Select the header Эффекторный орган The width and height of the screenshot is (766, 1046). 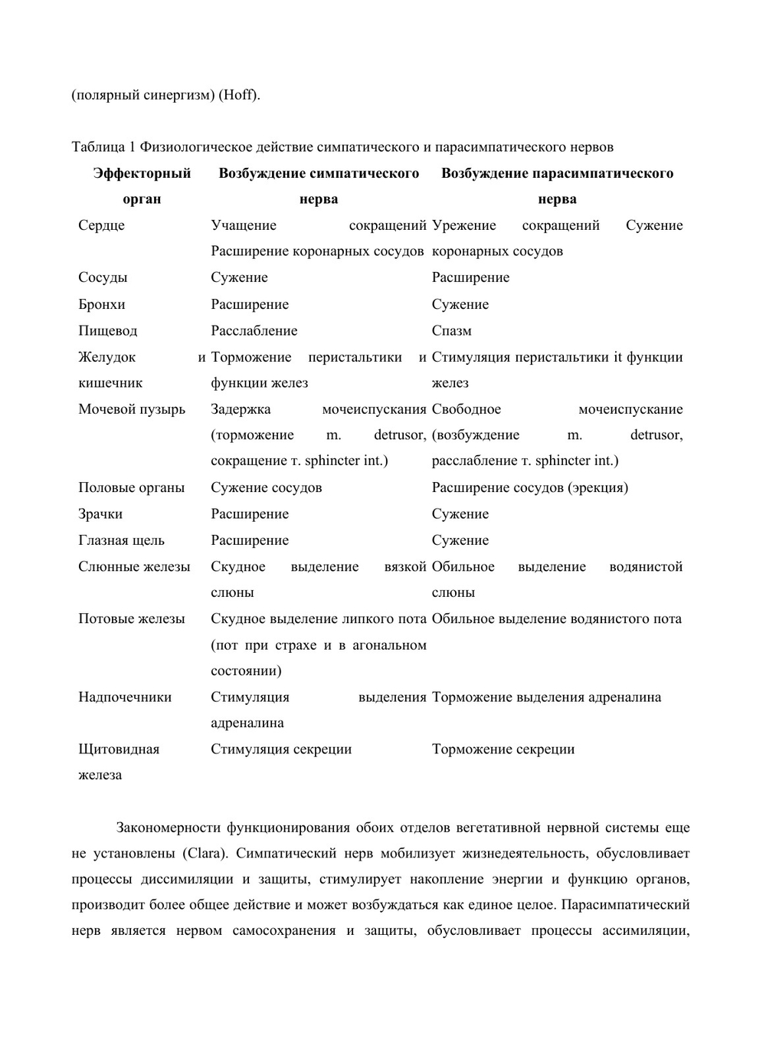(142, 186)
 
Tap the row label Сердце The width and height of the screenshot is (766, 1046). (101, 225)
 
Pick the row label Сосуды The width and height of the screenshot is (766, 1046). (103, 277)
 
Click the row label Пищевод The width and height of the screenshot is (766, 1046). (107, 331)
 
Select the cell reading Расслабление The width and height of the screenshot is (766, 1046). (254, 331)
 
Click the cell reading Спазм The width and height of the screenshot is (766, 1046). (451, 331)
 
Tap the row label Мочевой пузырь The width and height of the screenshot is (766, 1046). (131, 409)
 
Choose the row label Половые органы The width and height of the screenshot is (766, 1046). (131, 487)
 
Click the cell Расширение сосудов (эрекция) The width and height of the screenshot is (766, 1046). (529, 487)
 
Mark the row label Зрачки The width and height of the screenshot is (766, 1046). (100, 514)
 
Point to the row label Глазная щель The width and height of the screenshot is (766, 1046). (121, 540)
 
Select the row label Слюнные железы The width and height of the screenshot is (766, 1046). (133, 567)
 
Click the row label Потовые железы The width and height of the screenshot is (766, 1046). (131, 618)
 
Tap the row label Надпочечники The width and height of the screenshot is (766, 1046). (124, 697)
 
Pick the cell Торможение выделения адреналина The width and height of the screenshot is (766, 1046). (546, 697)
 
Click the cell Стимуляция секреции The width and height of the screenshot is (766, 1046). (281, 749)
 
